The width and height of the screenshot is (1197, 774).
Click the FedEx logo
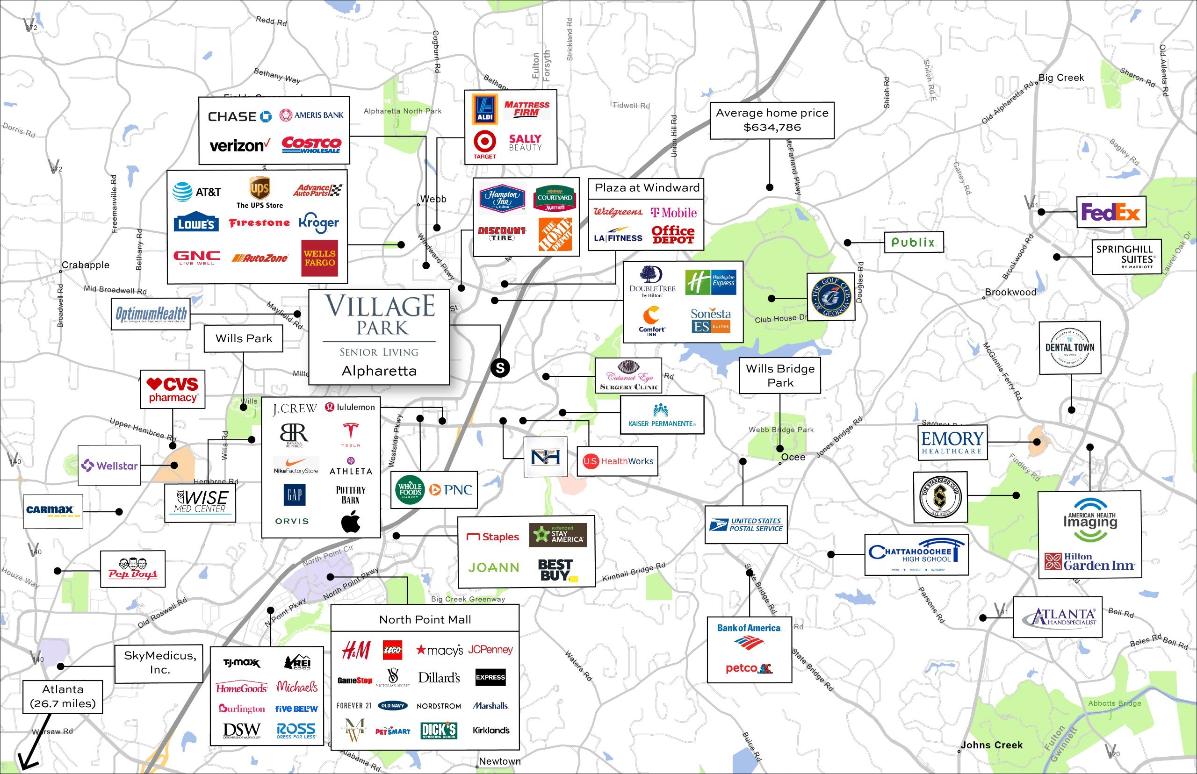(1110, 213)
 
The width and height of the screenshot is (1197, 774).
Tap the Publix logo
(914, 242)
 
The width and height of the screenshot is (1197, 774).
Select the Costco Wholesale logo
(311, 145)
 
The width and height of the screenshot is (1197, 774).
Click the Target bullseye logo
(484, 141)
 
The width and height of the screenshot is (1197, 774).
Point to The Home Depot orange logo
(555, 234)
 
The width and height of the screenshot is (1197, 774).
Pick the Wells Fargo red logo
(319, 258)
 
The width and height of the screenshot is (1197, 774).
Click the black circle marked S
(500, 368)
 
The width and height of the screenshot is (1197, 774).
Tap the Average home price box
(772, 121)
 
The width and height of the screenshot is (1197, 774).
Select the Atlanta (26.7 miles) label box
(63, 696)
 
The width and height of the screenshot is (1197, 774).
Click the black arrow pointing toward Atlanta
(30, 749)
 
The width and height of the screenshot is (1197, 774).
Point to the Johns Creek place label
(991, 745)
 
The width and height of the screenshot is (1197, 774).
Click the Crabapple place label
(86, 265)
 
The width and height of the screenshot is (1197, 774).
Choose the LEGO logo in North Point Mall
(392, 650)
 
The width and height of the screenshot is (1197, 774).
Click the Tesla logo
(350, 434)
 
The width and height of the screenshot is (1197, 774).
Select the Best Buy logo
(557, 570)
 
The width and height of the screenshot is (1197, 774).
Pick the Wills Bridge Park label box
(780, 375)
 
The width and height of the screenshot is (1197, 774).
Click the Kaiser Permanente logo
(662, 415)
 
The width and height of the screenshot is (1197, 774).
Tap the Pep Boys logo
(133, 568)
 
